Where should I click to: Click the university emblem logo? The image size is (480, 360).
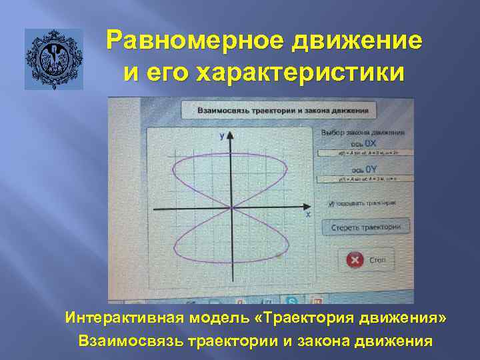(x=54, y=59)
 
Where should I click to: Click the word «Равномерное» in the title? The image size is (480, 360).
(x=193, y=41)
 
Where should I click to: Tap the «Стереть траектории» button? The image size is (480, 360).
(x=366, y=227)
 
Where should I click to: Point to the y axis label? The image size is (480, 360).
(x=221, y=135)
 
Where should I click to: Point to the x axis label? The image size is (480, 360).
(x=308, y=215)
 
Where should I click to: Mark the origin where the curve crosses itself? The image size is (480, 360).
(x=231, y=208)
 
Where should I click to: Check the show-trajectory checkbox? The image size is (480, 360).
(x=331, y=202)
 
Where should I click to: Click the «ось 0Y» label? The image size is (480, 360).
(x=365, y=169)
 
